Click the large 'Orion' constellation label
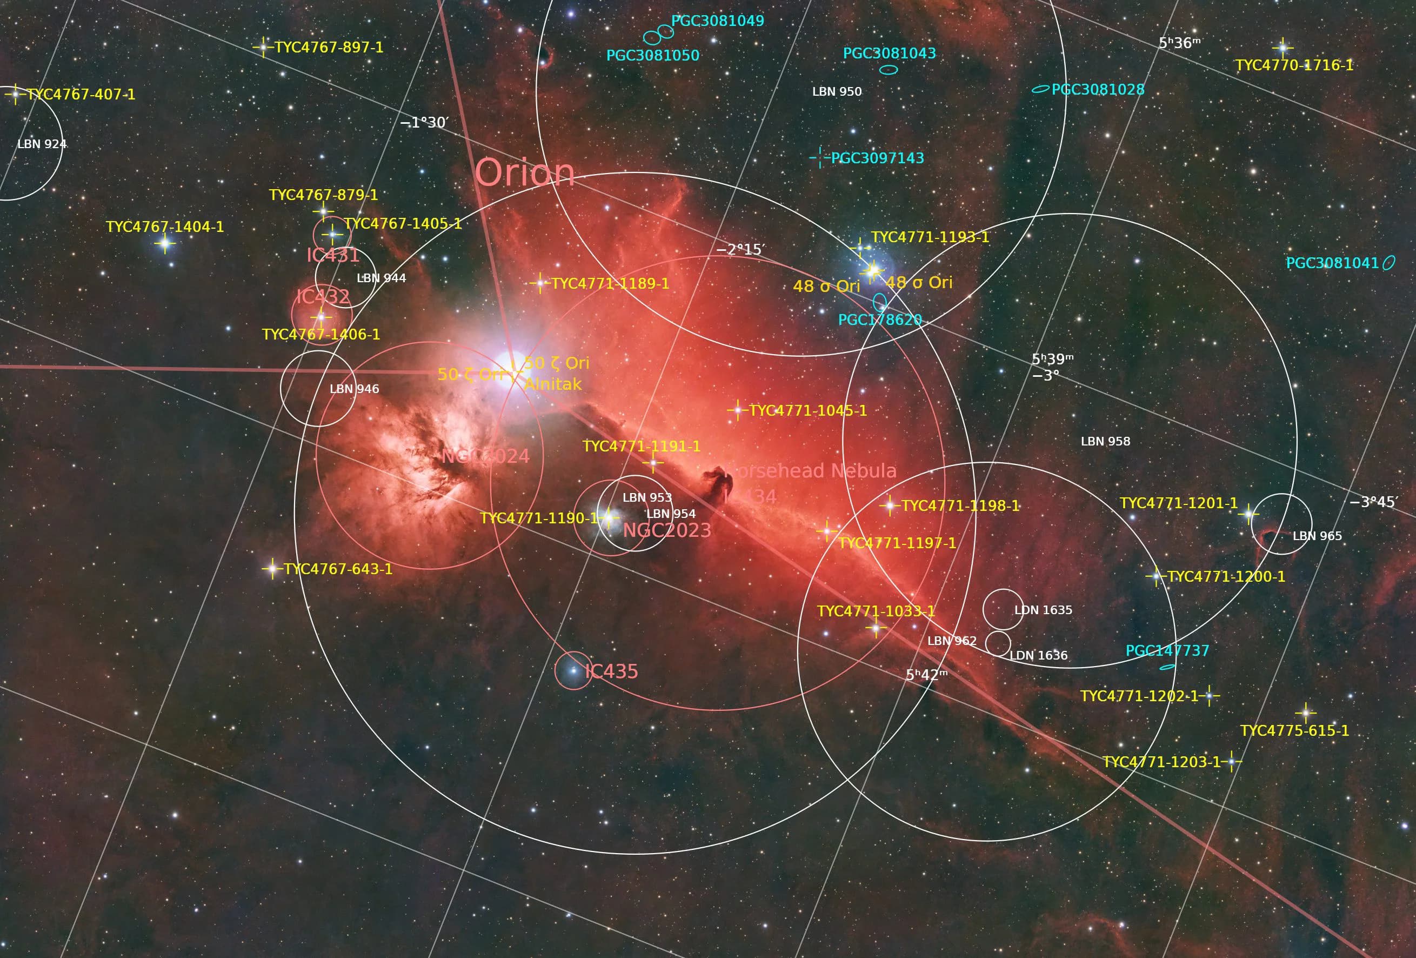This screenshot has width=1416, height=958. (525, 173)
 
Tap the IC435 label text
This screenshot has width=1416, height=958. (611, 671)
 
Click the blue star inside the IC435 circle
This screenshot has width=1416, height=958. (573, 670)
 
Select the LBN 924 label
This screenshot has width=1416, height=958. (42, 144)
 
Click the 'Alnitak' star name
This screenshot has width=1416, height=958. (553, 384)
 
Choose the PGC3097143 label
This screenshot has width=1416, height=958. (877, 158)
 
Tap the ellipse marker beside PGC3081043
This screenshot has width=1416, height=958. (889, 70)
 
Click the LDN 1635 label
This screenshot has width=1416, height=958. (1043, 610)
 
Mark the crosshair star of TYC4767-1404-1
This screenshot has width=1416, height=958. (164, 244)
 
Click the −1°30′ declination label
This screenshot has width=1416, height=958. (424, 123)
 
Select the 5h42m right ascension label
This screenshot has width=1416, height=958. (927, 675)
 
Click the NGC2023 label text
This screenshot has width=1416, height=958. (667, 530)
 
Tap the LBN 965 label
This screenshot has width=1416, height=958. (1317, 536)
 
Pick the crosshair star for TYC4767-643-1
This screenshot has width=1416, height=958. (272, 569)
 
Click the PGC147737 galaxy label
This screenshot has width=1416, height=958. (1167, 651)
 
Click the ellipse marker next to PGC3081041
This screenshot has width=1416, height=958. (1388, 263)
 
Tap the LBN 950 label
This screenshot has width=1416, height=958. (837, 92)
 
